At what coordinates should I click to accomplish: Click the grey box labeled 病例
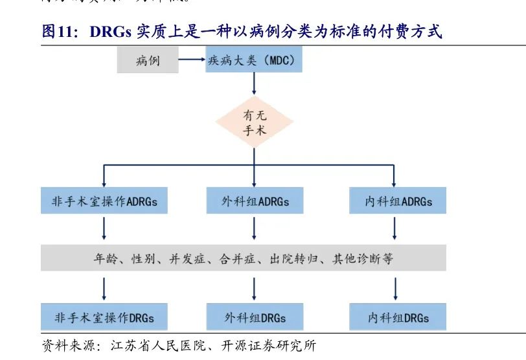[x=148, y=61]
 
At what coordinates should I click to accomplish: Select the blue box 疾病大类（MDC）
[x=254, y=61]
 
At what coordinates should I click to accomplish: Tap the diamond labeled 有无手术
[x=254, y=122]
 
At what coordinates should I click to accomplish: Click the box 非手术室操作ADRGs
[x=104, y=201]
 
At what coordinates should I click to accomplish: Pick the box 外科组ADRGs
[x=254, y=201]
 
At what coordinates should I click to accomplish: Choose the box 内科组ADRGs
[x=397, y=201]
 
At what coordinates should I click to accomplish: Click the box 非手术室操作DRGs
[x=104, y=318]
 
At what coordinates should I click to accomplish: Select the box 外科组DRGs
[x=254, y=318]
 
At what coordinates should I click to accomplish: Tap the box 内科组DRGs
[x=397, y=318]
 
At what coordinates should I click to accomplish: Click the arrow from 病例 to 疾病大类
[x=191, y=61]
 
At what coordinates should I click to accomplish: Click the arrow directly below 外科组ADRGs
[x=254, y=229]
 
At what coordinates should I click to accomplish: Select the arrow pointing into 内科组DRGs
[x=396, y=287]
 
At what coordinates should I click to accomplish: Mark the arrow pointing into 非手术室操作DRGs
[x=104, y=287]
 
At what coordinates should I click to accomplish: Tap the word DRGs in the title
[x=107, y=32]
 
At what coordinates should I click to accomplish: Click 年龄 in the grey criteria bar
[x=105, y=259]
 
